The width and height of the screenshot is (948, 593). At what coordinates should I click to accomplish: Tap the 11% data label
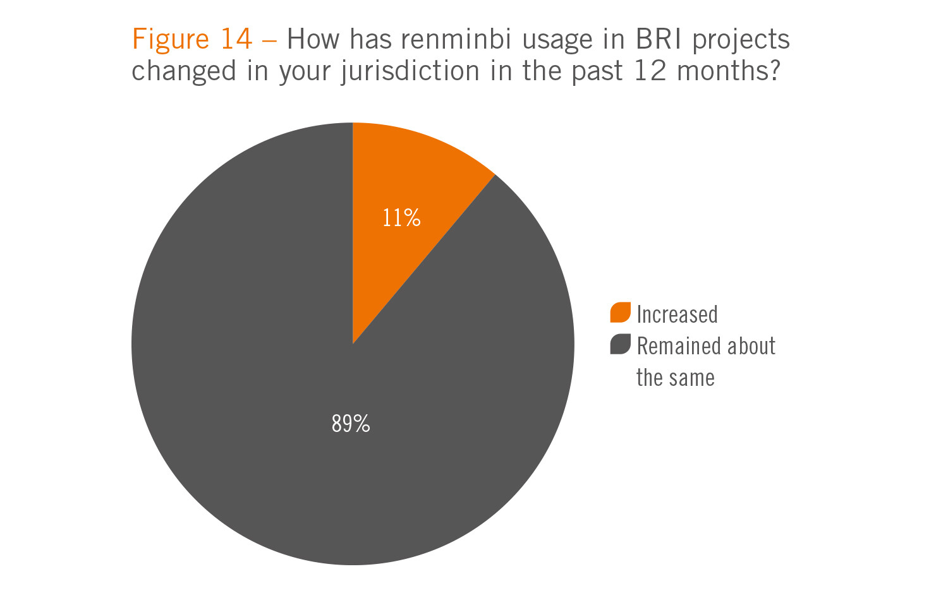click(x=401, y=218)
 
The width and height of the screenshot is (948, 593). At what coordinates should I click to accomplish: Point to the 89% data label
click(x=351, y=423)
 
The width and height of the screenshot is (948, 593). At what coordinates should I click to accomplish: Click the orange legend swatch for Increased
click(x=620, y=313)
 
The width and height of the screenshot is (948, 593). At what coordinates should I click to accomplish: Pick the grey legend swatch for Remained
click(x=620, y=344)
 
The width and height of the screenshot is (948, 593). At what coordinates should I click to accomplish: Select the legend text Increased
click(x=677, y=314)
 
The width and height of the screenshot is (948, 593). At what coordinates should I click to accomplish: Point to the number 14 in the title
click(x=236, y=40)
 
